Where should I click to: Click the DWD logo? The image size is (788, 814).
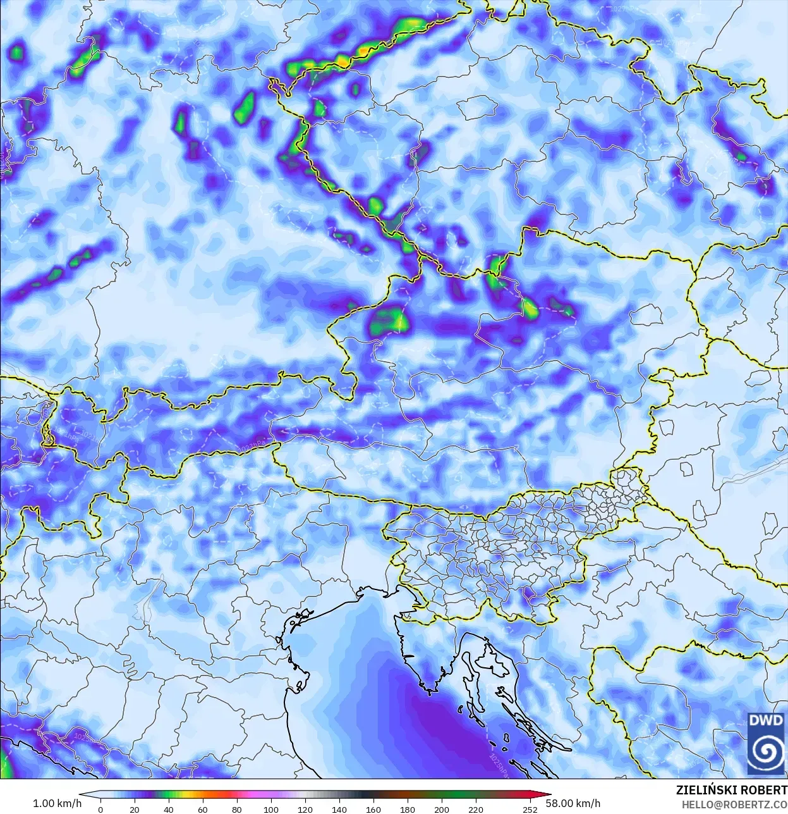(766, 743)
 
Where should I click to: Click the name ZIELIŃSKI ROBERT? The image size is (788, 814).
(731, 791)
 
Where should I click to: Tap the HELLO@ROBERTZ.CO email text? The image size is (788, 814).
(734, 805)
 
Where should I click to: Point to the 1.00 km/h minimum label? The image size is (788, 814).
(57, 803)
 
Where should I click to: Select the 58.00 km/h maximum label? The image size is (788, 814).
(573, 803)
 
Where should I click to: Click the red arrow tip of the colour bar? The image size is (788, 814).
(547, 795)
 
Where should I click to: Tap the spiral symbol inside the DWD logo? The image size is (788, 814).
(766, 751)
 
